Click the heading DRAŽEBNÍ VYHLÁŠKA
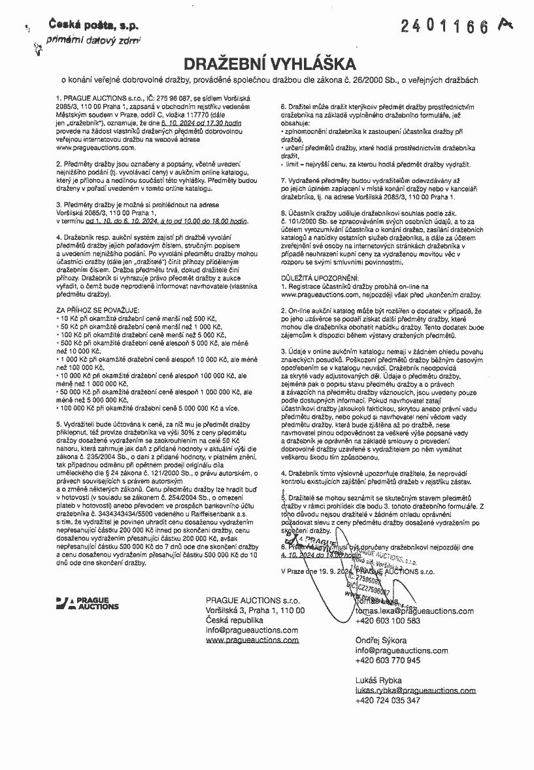[269, 64]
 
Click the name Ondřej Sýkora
[381, 641]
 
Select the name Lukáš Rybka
[378, 680]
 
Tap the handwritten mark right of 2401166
[505, 24]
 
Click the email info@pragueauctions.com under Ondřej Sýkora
[402, 651]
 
